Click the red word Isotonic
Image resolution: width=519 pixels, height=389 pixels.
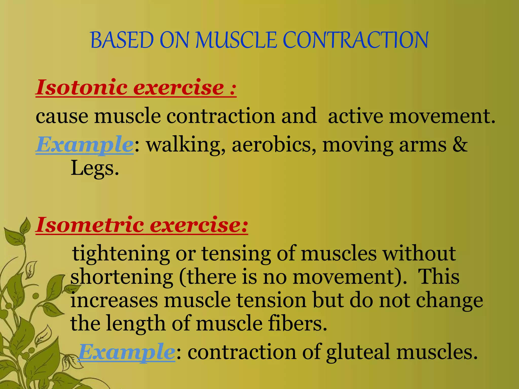pyautogui.click(x=82, y=87)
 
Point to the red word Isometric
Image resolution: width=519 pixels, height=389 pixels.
pyautogui.click(x=90, y=225)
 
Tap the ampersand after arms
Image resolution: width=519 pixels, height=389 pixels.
pyautogui.click(x=460, y=145)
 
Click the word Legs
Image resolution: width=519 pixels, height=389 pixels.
pyautogui.click(x=95, y=168)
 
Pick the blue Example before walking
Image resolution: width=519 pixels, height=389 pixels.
pyautogui.click(x=84, y=145)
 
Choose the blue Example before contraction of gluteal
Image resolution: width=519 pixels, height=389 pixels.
pyautogui.click(x=127, y=352)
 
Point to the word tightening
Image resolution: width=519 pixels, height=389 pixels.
pyautogui.click(x=121, y=254)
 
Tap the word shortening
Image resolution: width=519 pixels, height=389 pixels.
pyautogui.click(x=122, y=277)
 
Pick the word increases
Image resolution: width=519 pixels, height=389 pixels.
pyautogui.click(x=114, y=300)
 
